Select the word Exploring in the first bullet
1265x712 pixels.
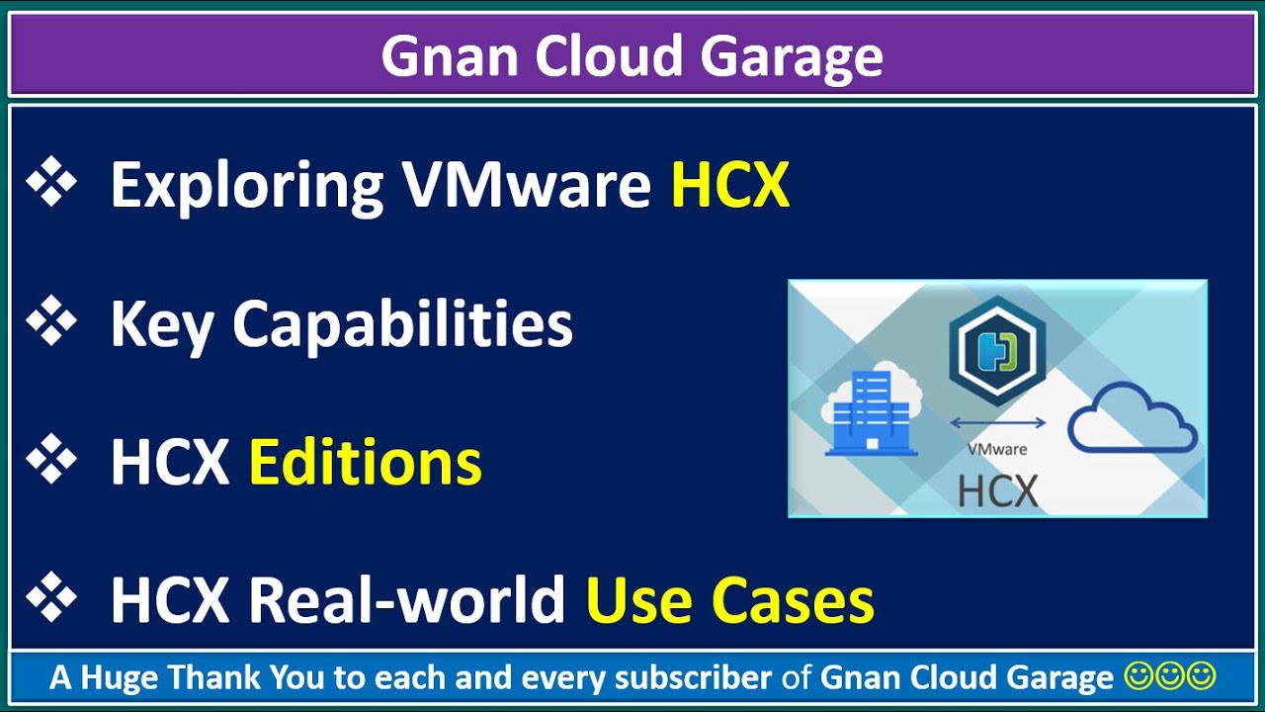[246, 185]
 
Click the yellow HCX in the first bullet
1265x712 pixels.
[730, 184]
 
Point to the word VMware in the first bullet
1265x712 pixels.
[526, 184]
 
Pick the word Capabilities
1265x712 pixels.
[402, 324]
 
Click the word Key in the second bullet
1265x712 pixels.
[160, 324]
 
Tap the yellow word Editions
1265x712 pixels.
[365, 462]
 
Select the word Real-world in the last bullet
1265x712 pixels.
[406, 599]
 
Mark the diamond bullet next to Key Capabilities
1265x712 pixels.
[51, 322]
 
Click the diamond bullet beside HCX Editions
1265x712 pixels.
[51, 461]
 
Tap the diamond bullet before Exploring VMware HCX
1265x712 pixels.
[51, 184]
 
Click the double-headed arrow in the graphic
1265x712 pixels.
[997, 423]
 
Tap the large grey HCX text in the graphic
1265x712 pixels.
[997, 490]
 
